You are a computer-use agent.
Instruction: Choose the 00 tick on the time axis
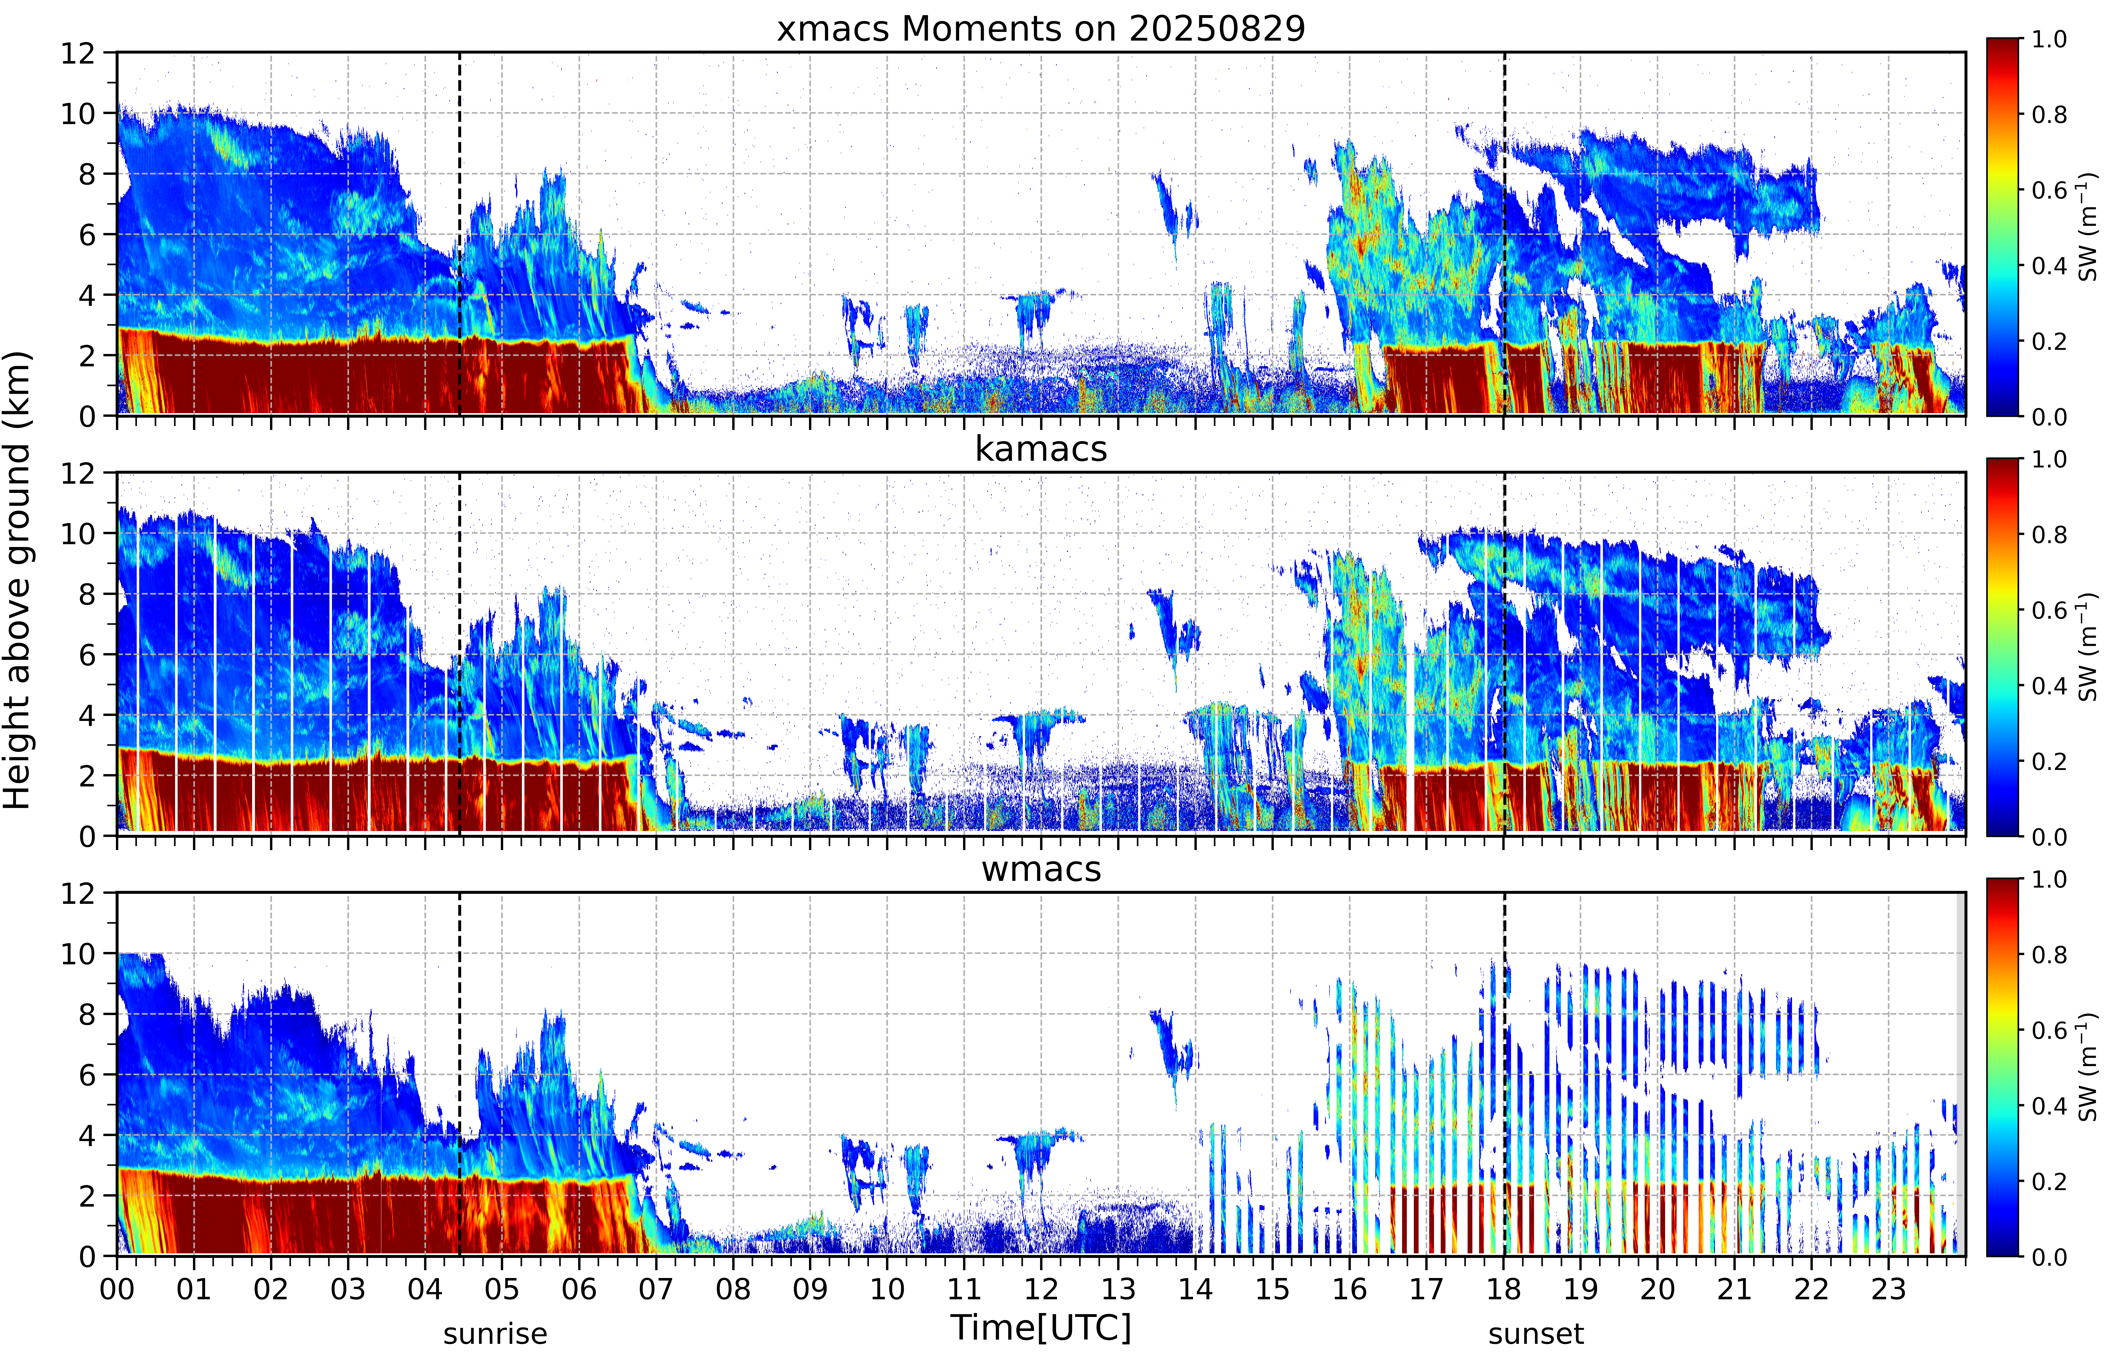coord(117,1289)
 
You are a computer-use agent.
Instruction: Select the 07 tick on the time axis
coord(656,1289)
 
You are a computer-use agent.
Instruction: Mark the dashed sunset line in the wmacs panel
coord(1504,1074)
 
